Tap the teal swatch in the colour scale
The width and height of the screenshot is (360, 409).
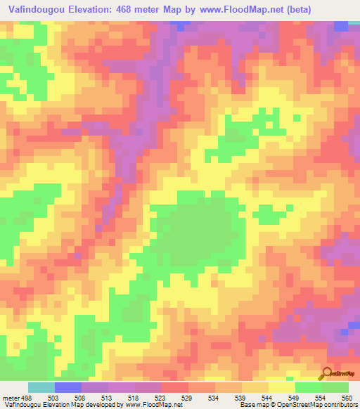[41, 387]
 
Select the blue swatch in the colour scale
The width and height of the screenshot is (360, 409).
[68, 387]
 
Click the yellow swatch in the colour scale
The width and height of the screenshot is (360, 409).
[282, 387]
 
